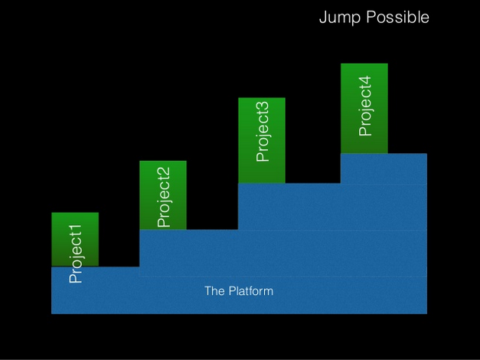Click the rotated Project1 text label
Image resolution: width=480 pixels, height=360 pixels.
[x=76, y=254]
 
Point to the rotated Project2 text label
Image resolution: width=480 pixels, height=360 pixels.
[x=163, y=198]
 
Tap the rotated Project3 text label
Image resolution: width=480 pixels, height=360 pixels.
[x=263, y=130]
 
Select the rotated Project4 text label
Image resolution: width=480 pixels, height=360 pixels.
[x=365, y=106]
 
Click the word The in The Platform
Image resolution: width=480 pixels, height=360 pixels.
[x=214, y=291]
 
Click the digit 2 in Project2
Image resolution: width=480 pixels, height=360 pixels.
[x=163, y=172]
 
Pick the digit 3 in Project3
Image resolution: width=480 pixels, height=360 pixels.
[x=263, y=104]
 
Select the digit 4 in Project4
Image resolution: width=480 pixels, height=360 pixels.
[x=365, y=80]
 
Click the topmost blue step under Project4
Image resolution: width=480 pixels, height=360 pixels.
[x=383, y=169]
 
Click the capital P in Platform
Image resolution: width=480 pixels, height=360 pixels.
[x=230, y=291]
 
